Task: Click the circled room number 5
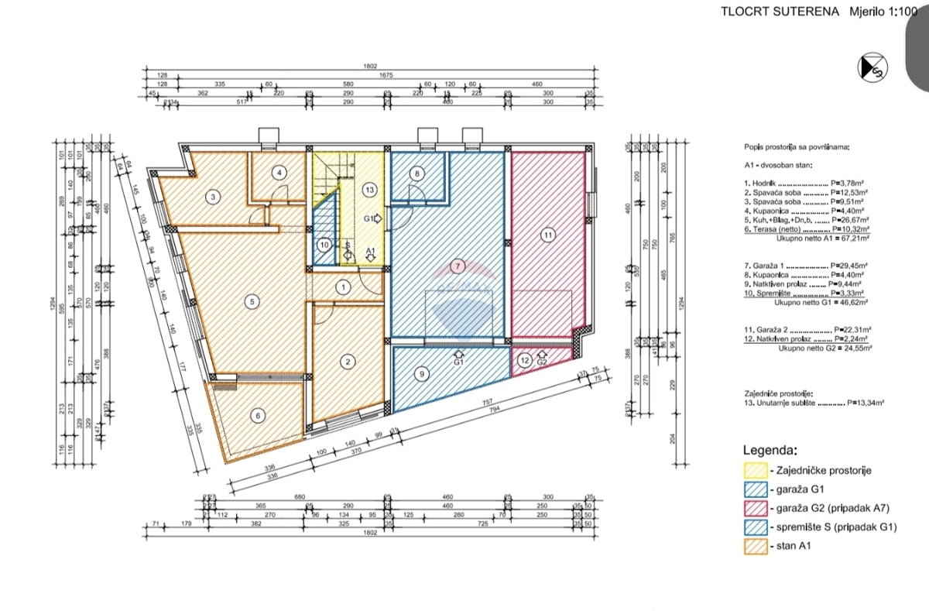[x=251, y=302]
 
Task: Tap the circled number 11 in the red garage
[x=548, y=234]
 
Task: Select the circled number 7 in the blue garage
[x=458, y=266]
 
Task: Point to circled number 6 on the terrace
[x=258, y=416]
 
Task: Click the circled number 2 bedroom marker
[x=348, y=361]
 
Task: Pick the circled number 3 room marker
[x=213, y=197]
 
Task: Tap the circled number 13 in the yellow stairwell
[x=370, y=189]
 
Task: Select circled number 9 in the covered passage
[x=422, y=374]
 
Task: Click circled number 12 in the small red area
[x=524, y=359]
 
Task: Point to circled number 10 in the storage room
[x=325, y=245]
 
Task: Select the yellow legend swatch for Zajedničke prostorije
[x=755, y=470]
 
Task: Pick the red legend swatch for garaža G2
[x=755, y=508]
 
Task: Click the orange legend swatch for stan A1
[x=755, y=547]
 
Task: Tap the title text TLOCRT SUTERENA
[x=780, y=12]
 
